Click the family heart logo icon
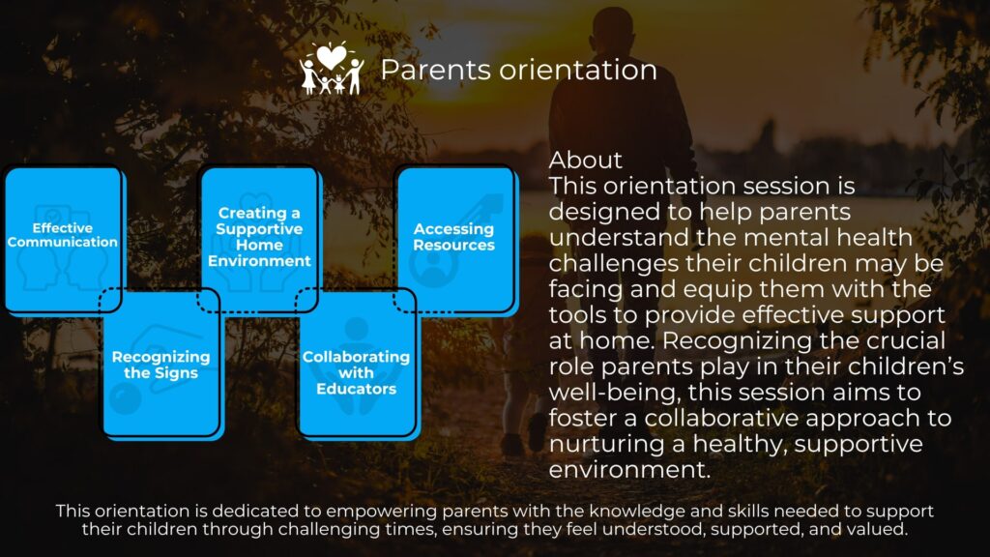click(x=333, y=69)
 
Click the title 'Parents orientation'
click(x=518, y=70)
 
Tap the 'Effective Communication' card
click(x=63, y=239)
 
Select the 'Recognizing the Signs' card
click(x=161, y=364)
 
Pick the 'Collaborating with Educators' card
click(x=357, y=364)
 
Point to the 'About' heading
click(x=585, y=160)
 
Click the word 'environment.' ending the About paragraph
click(x=629, y=470)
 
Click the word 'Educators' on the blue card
click(x=356, y=389)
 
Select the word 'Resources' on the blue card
click(x=454, y=245)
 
